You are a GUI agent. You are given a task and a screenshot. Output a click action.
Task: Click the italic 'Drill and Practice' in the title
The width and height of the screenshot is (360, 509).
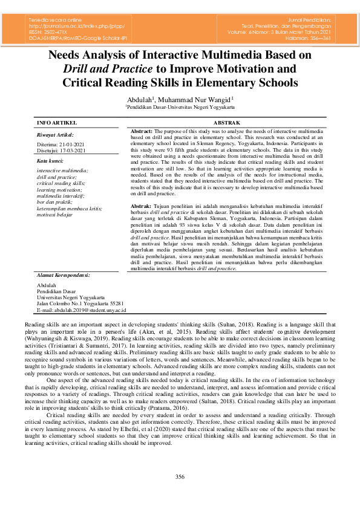(101, 68)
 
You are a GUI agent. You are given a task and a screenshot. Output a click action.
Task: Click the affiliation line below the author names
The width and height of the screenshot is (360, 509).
(180, 106)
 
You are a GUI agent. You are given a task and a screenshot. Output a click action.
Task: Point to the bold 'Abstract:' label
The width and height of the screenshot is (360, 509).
(142, 131)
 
